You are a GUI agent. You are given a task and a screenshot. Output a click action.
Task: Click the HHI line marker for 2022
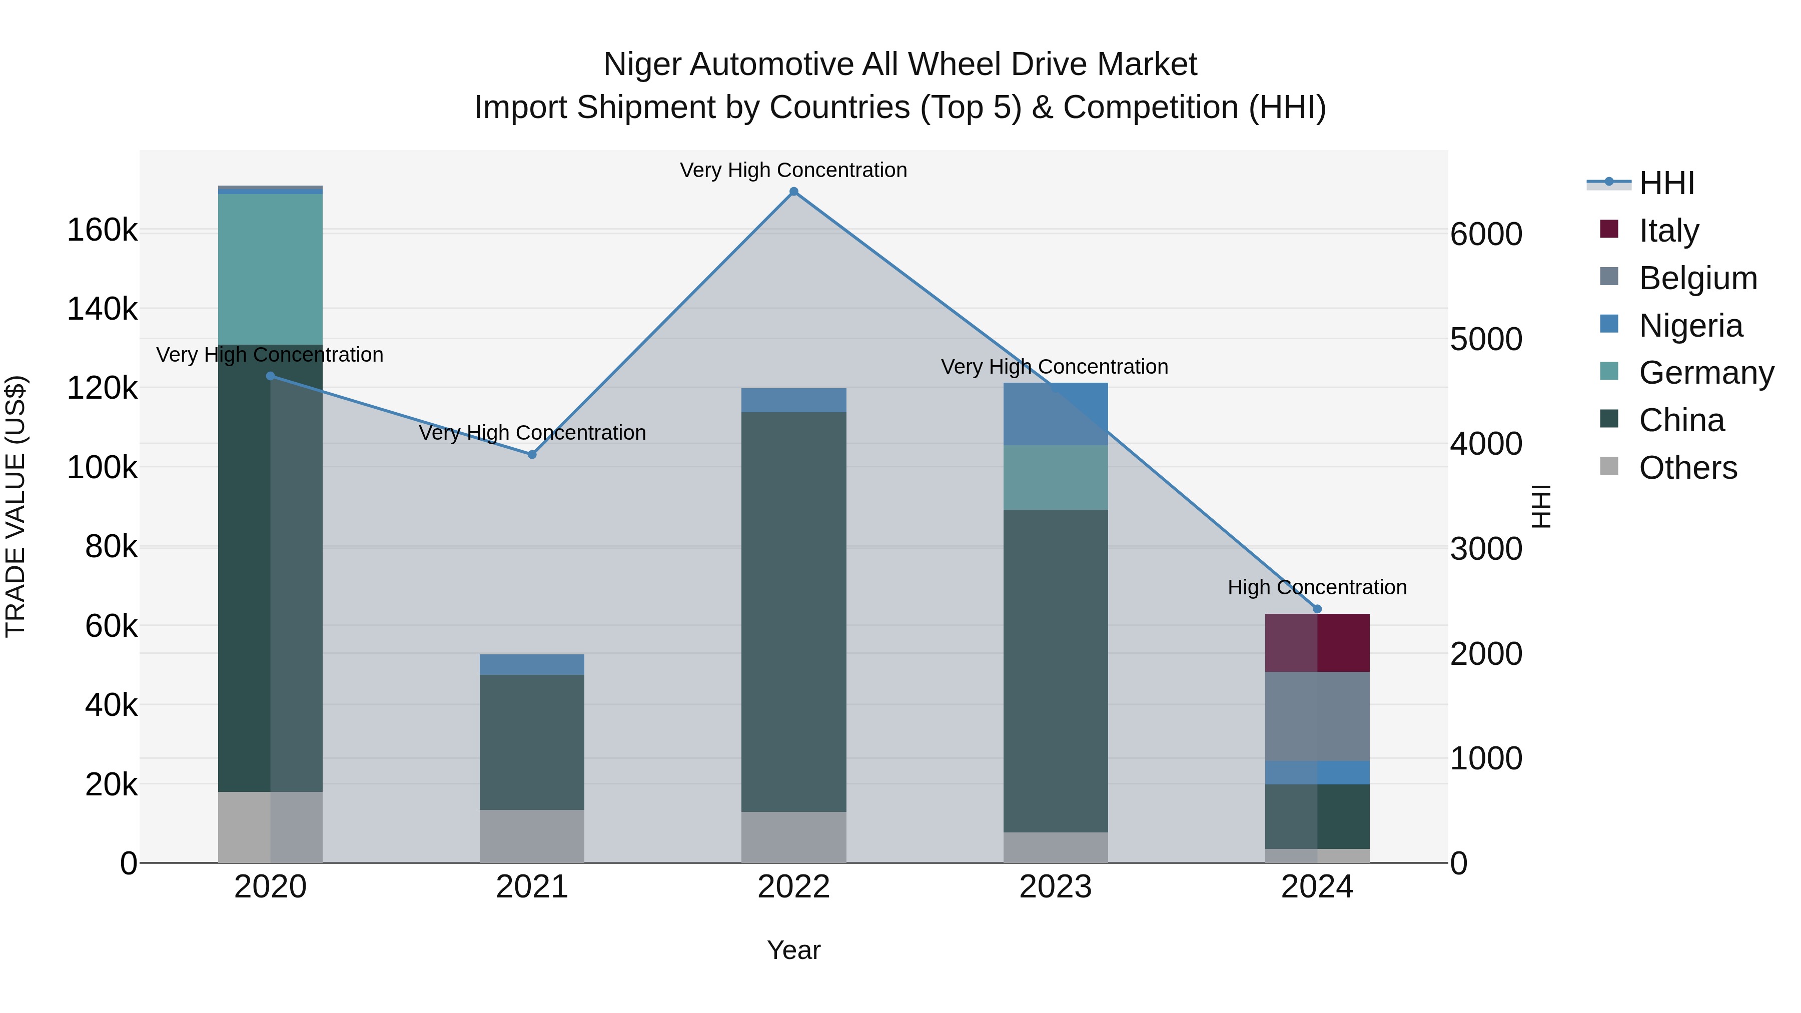793,192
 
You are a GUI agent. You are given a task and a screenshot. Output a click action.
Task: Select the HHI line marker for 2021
532,454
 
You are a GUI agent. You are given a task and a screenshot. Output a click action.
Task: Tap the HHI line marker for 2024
1317,609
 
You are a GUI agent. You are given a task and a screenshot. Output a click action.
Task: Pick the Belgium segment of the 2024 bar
1317,716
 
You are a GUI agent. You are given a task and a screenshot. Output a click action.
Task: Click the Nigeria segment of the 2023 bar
1056,414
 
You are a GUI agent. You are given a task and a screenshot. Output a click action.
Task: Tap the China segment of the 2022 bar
793,612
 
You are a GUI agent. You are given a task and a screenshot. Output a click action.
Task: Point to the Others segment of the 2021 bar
532,836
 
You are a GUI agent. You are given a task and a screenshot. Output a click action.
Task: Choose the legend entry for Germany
1706,373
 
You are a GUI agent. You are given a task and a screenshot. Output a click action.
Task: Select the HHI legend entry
1666,183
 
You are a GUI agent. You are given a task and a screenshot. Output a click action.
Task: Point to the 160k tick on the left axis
102,230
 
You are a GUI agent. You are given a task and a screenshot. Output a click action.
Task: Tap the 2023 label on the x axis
1055,887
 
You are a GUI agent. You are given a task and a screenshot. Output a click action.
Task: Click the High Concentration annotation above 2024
1317,587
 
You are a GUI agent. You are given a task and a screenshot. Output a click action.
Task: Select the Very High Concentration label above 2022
793,170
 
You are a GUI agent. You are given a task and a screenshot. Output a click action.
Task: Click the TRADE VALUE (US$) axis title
16,506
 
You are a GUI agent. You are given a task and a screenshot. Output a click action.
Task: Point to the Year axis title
793,950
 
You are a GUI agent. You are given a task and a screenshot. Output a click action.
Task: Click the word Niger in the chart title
642,65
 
